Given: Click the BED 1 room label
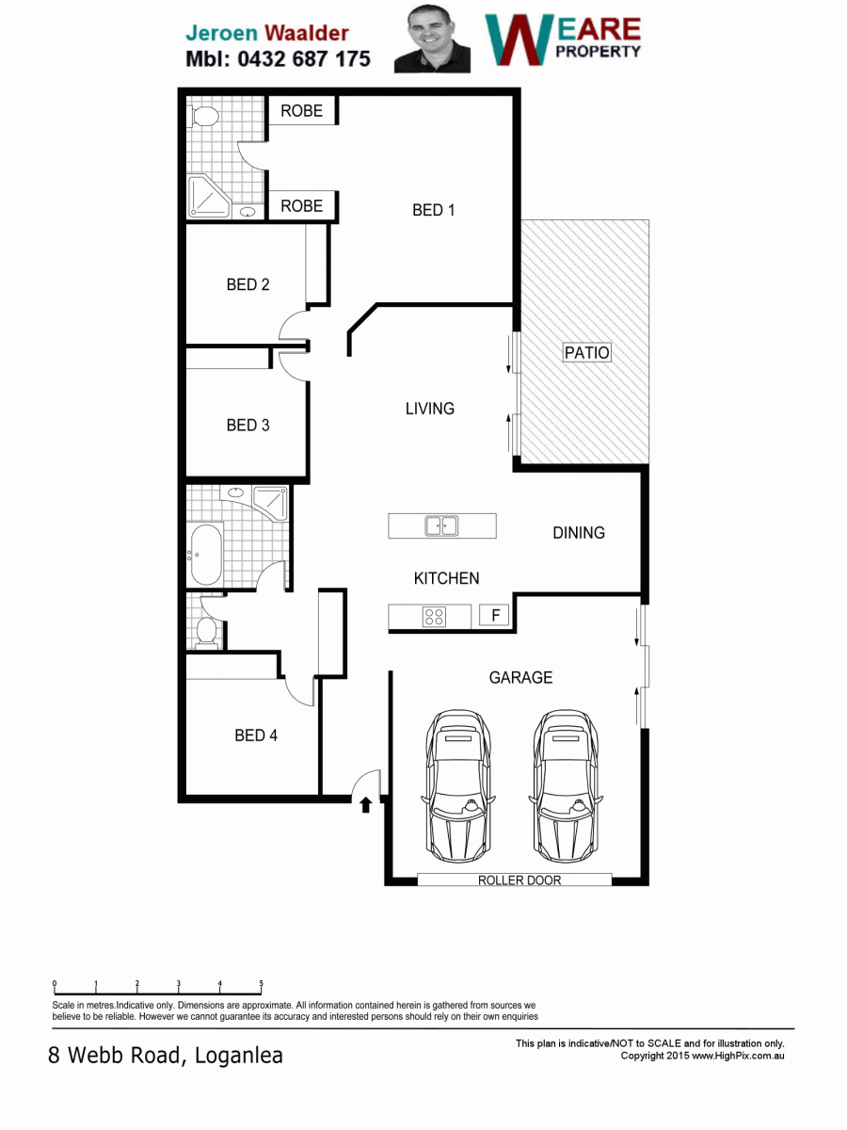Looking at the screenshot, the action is point(434,210).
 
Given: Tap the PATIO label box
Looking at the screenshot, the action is point(586,352).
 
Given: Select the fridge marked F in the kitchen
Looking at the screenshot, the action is point(495,615).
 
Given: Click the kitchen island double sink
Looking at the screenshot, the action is point(441,526).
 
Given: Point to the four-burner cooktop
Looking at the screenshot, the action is point(434,616).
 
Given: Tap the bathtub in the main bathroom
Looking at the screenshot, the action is point(206,555).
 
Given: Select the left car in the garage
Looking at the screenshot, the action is point(458,785).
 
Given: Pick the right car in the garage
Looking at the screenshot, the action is point(566,785).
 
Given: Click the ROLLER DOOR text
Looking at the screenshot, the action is point(519,880).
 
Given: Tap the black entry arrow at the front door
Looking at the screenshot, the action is point(366,804).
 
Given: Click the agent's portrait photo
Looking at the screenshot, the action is point(432,40).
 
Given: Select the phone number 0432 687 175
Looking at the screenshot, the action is point(303,59).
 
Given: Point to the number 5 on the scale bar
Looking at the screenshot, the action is point(262,983).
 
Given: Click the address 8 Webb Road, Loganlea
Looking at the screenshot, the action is point(166,1056).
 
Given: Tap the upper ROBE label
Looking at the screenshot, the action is point(301,111).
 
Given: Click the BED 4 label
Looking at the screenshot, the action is point(256,735).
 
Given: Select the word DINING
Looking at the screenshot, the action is point(579,533).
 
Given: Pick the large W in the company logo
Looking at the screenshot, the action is point(519,40).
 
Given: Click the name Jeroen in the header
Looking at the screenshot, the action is point(222,34).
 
